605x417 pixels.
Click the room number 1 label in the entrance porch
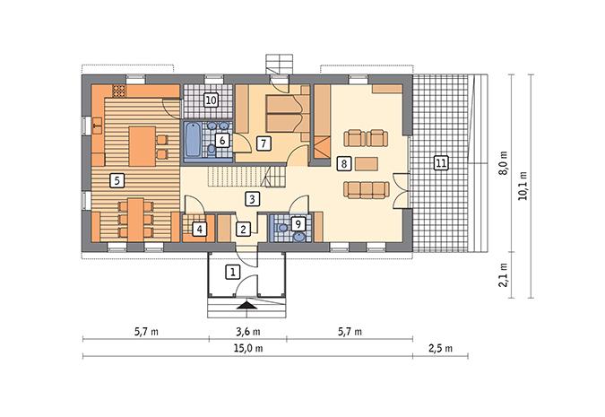231,271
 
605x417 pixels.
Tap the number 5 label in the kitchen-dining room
116,180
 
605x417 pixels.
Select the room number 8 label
343,163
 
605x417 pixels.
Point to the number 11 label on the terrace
439,162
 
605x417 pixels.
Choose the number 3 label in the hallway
220,139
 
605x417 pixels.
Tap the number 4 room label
199,229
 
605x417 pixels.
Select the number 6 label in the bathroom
220,139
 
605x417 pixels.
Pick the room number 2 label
243,229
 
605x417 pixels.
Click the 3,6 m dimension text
248,330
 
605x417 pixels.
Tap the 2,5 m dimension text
439,348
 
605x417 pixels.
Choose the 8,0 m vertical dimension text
505,166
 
